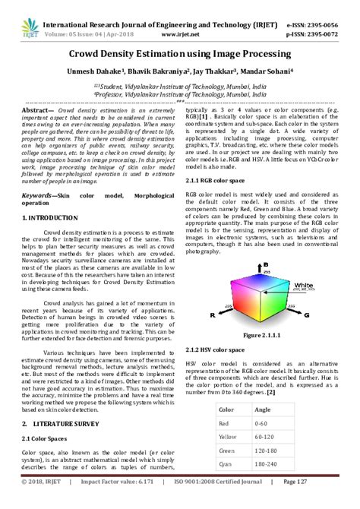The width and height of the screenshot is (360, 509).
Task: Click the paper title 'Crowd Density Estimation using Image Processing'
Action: click(179, 55)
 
